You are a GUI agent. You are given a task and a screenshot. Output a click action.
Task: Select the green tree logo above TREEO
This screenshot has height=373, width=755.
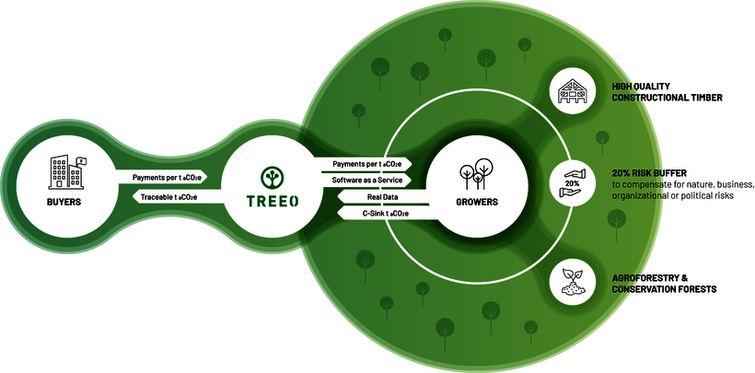pos(272,173)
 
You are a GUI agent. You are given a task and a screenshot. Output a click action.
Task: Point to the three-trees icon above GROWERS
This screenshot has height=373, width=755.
pos(478,172)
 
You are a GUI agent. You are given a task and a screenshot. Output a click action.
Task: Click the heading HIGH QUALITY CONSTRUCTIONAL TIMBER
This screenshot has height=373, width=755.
pos(666,91)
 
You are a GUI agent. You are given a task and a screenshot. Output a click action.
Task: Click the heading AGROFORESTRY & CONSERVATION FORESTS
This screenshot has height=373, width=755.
pos(664,283)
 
